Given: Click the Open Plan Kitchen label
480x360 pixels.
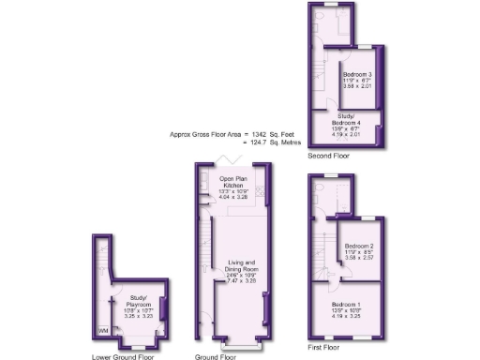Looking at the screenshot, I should click(x=233, y=182).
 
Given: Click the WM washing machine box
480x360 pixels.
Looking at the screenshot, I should click(x=102, y=331).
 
